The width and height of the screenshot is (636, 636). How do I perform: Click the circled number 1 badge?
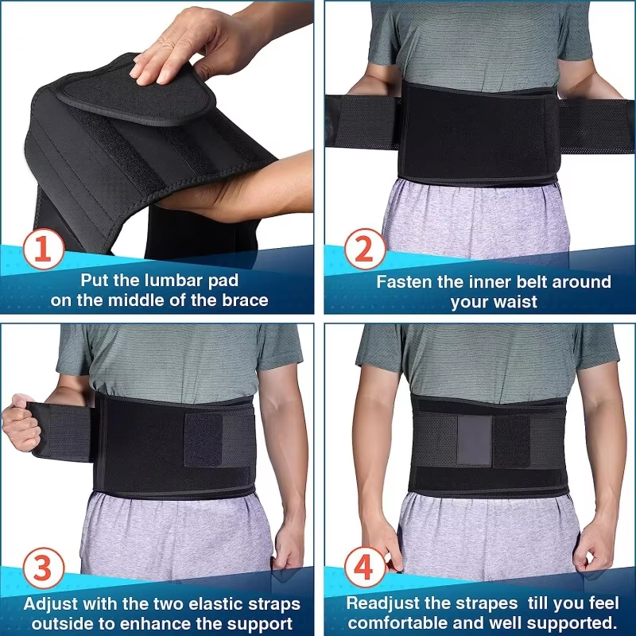pos(44,249)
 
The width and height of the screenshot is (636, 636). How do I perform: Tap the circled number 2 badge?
pos(365,249)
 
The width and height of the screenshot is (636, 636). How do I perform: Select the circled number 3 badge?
pos(44,568)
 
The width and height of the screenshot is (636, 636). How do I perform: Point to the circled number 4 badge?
pos(365,567)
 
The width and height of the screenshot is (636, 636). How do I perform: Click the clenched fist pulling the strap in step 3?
pos(21,422)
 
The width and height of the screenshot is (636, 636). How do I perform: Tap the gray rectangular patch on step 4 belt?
pos(475,440)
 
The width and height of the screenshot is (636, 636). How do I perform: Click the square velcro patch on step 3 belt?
pos(204,440)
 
